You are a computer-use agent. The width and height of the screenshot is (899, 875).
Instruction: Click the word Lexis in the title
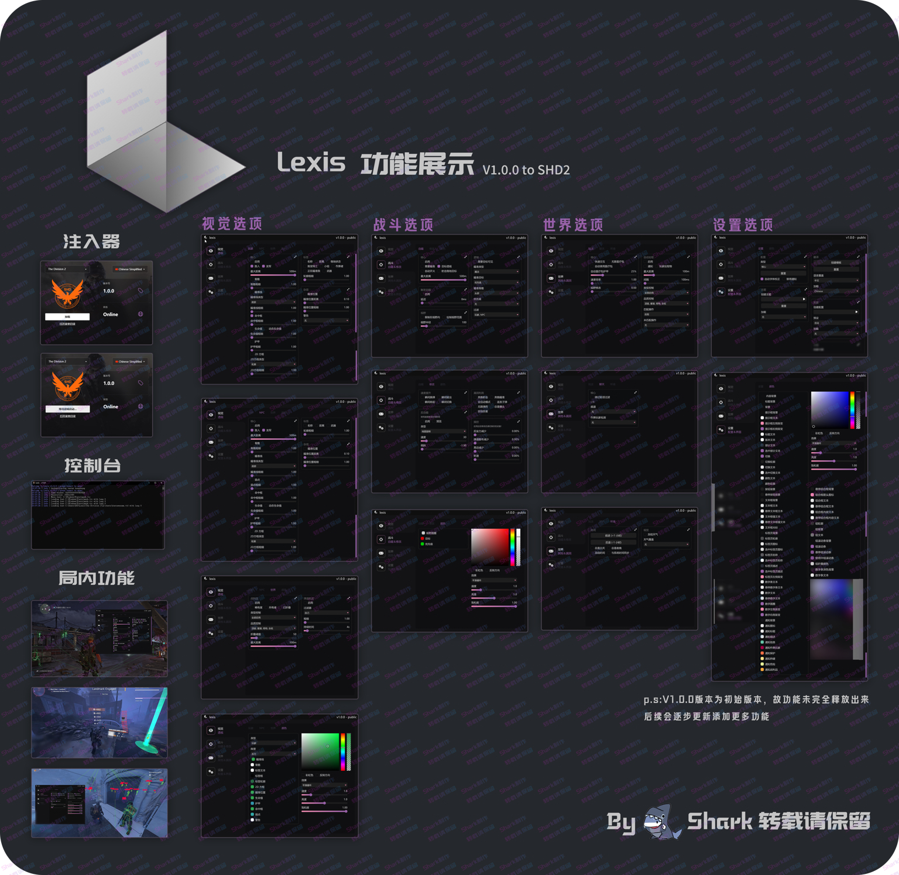[311, 162]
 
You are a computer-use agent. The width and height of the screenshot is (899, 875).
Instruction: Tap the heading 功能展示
[417, 164]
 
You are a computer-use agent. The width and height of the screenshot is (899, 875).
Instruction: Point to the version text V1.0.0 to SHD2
[526, 170]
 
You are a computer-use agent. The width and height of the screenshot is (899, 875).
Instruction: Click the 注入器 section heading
[92, 241]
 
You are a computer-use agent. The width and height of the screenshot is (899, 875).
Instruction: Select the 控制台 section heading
[92, 466]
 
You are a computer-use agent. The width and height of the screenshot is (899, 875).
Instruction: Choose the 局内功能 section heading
[97, 578]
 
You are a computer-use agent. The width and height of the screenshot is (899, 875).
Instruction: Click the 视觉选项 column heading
[232, 224]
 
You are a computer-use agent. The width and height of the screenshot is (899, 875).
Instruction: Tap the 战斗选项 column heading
[403, 225]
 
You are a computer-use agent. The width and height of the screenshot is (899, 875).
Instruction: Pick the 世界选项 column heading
[573, 225]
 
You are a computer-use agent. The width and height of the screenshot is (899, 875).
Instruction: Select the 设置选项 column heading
[743, 225]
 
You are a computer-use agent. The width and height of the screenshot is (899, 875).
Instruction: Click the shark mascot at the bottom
[662, 821]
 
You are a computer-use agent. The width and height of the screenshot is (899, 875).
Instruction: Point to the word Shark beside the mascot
[719, 821]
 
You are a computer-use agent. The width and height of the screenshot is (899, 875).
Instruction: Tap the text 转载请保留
[814, 821]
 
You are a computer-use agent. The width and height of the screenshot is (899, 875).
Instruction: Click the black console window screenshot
[98, 515]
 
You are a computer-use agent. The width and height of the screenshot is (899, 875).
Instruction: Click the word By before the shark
[620, 822]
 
